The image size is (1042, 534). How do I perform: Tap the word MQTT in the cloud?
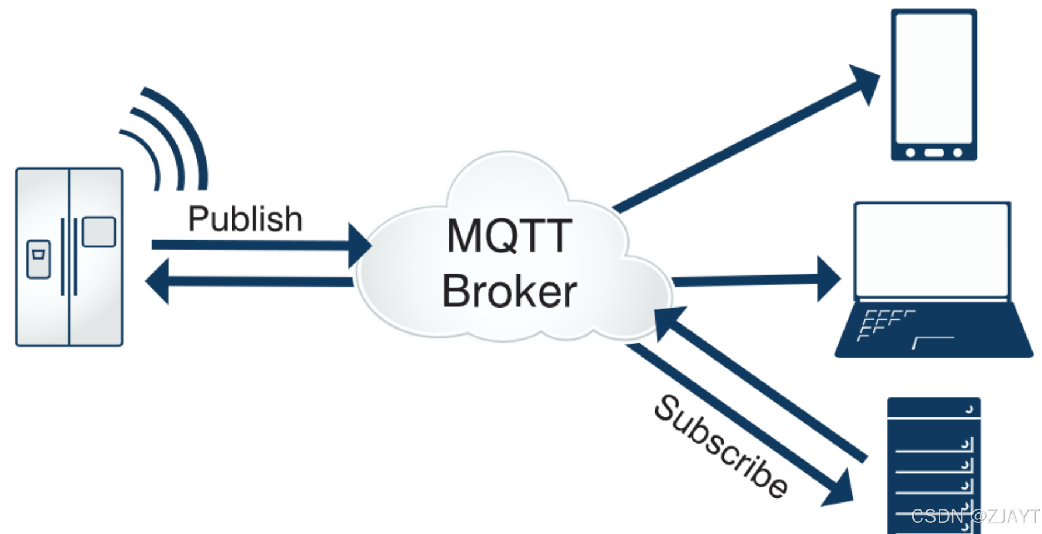509,236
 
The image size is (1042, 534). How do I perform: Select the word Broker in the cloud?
509,291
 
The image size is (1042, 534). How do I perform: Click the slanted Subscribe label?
720,446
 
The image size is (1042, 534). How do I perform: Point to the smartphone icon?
933,85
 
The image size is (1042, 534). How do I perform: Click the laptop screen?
932,250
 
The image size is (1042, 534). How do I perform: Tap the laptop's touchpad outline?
933,342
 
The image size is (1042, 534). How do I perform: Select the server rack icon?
933,464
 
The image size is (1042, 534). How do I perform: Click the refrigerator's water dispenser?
39,259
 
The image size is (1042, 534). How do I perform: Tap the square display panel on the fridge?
99,232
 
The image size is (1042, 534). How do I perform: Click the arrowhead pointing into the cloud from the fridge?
359,245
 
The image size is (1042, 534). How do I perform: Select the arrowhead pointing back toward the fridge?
158,281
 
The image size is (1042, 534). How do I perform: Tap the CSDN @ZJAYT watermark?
974,516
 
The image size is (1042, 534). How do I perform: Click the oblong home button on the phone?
934,153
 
